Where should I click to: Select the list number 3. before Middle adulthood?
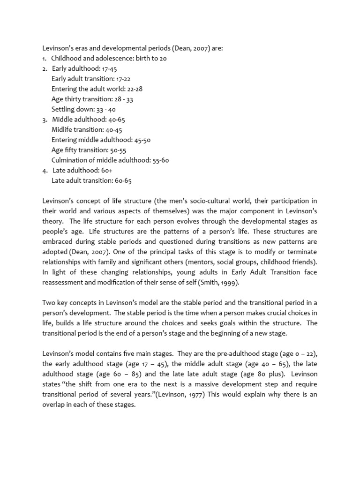pos(45,120)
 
